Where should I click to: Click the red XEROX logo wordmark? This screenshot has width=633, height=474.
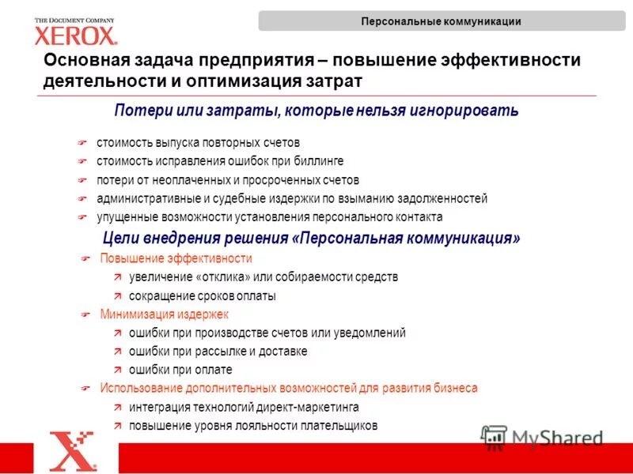tap(76, 35)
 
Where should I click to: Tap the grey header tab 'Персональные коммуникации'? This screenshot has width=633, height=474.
tap(441, 21)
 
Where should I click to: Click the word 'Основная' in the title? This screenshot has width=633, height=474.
tap(89, 61)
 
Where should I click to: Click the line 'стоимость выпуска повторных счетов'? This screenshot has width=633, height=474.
tap(199, 143)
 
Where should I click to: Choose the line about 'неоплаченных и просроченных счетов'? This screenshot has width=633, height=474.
tap(228, 180)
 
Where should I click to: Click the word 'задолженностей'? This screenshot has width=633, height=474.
tap(443, 198)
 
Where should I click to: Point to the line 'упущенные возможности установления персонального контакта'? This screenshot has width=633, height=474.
tap(269, 216)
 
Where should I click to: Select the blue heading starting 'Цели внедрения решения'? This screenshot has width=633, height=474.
tap(312, 238)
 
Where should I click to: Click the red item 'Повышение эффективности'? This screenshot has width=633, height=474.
tap(176, 258)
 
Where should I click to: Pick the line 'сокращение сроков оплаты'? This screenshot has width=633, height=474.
tap(202, 296)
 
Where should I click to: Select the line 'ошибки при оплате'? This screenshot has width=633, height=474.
tap(180, 370)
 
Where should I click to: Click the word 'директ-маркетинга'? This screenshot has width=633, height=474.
tap(309, 407)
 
